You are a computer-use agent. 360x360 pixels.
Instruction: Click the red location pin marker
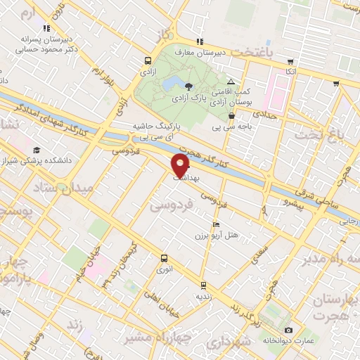180,166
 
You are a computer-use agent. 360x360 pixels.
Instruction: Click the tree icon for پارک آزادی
188,86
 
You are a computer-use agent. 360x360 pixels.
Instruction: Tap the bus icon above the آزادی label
148,60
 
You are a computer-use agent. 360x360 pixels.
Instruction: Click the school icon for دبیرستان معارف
200,41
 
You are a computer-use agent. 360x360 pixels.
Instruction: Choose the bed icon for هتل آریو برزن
196,224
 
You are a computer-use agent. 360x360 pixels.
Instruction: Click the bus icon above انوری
164,258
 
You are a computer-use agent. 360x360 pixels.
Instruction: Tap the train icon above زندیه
203,285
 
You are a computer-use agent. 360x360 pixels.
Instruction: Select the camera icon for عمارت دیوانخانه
288,330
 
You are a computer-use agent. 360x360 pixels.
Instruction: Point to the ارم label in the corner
27,13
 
